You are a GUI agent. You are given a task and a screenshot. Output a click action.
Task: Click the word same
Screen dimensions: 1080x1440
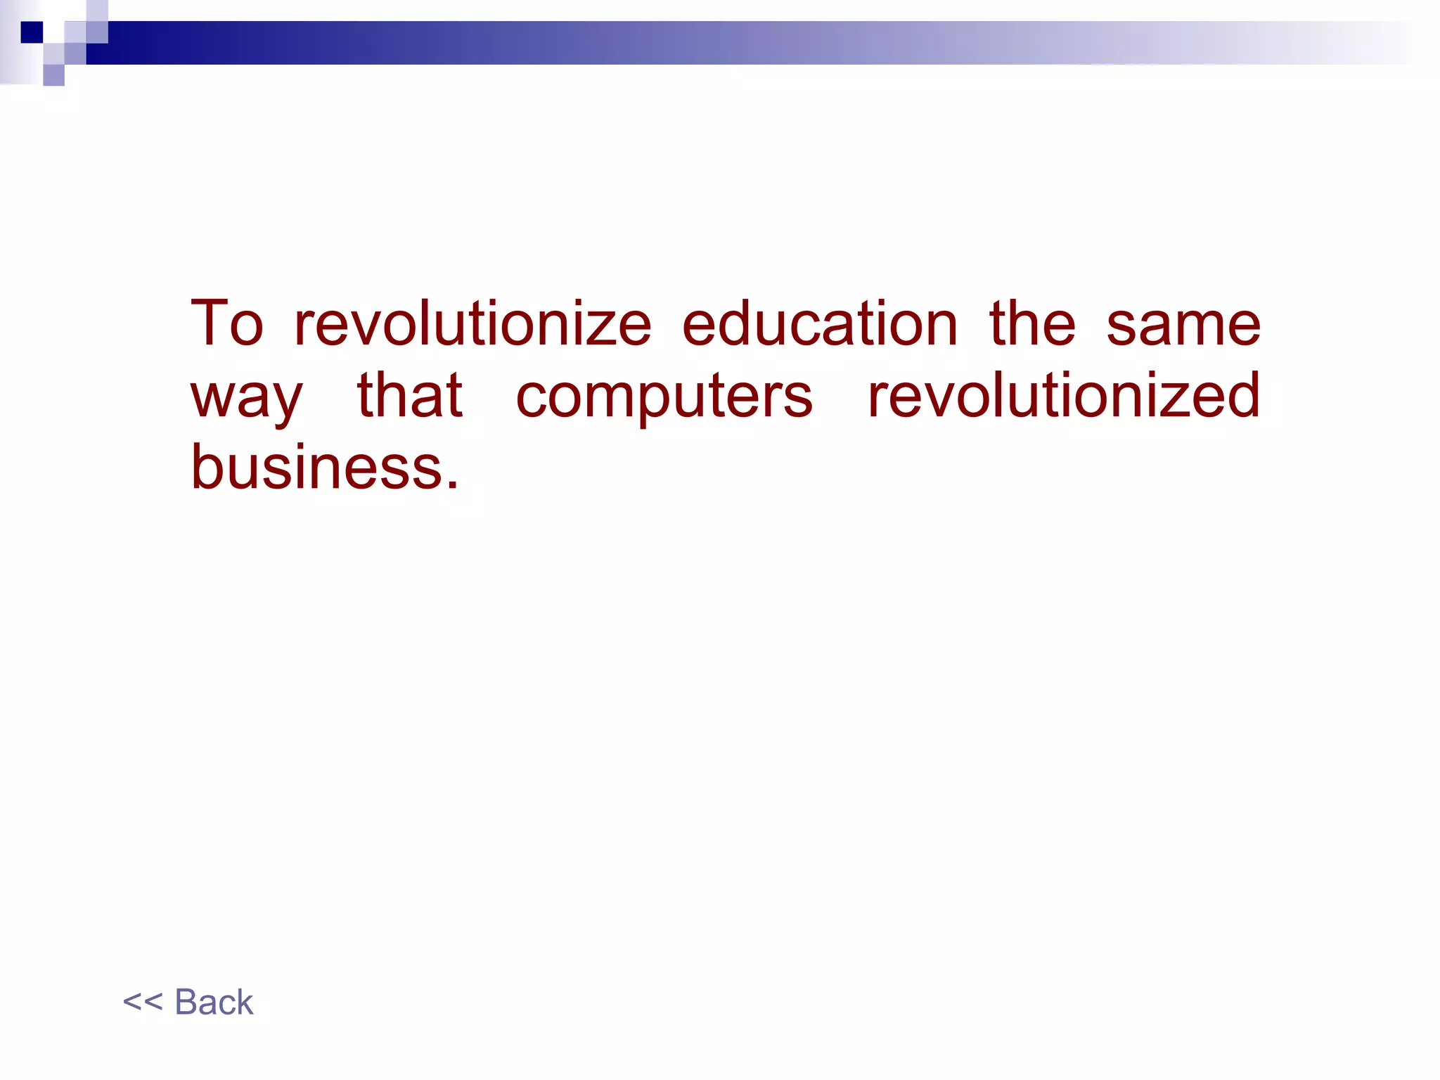point(1183,325)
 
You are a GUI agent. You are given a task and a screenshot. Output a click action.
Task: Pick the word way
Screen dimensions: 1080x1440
point(246,398)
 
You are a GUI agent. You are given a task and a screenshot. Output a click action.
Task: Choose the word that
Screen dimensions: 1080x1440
point(410,395)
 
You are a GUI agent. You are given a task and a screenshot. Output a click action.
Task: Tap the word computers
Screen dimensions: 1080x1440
point(664,398)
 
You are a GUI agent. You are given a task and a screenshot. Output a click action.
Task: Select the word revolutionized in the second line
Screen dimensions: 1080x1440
point(1064,395)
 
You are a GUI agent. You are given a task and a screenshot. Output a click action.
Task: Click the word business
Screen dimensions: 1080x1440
point(316,467)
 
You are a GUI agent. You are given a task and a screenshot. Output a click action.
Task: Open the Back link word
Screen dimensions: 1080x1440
point(214,1002)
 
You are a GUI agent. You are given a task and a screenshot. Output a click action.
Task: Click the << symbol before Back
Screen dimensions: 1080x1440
point(142,1002)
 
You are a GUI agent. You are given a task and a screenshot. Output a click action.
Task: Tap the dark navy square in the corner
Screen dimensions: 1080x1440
point(32,32)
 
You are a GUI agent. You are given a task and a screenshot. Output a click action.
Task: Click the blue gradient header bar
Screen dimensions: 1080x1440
point(703,43)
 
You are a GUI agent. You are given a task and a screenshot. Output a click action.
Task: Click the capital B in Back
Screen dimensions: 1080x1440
point(186,1002)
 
